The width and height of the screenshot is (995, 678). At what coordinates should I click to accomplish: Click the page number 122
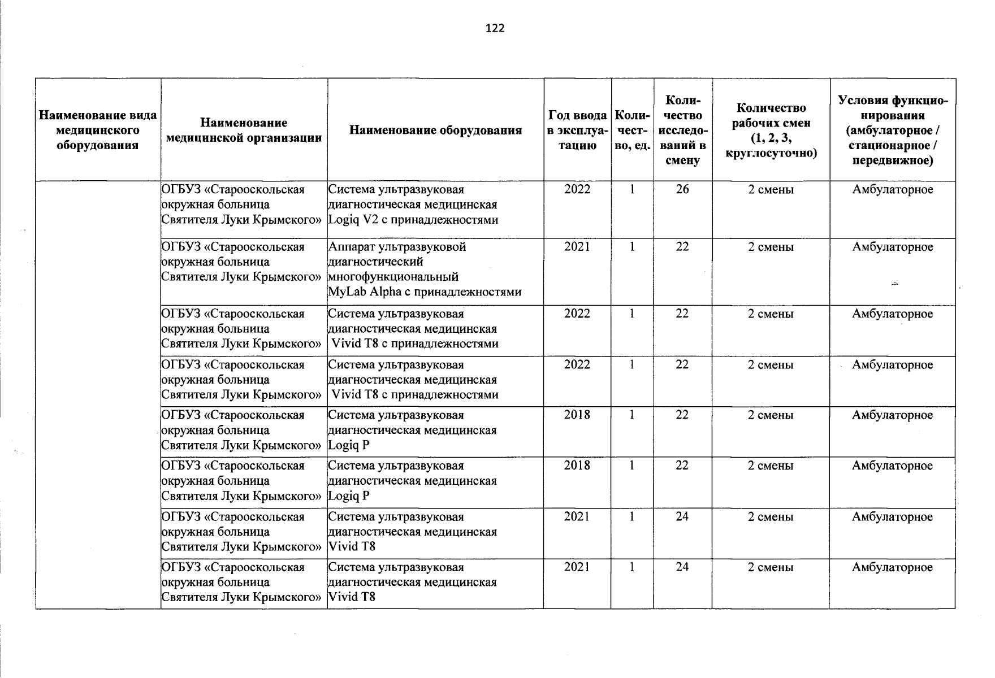(x=495, y=28)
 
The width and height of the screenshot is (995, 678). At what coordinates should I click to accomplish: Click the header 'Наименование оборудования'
(x=435, y=131)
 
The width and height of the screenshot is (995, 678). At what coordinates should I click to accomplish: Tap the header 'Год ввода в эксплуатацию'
(x=577, y=131)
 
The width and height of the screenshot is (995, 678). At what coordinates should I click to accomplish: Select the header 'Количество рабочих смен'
(x=771, y=131)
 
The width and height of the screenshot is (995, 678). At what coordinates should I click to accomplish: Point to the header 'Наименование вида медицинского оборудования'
(x=98, y=131)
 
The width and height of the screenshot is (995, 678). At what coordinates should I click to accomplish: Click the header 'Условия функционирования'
(x=893, y=131)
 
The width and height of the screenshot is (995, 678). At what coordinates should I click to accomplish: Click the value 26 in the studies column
(x=682, y=190)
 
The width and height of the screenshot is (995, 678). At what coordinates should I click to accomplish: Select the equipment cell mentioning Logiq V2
(x=413, y=205)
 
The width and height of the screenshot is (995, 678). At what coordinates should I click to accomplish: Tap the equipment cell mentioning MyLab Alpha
(x=424, y=270)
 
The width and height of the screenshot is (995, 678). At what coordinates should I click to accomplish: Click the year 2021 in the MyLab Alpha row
(x=577, y=247)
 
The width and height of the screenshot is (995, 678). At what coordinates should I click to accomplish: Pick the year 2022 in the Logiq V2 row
(x=577, y=190)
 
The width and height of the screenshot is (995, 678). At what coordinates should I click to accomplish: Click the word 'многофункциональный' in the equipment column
(x=393, y=277)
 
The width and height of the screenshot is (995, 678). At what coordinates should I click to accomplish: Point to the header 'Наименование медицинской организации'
(x=244, y=131)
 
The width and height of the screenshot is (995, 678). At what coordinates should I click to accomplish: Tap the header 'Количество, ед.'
(x=632, y=131)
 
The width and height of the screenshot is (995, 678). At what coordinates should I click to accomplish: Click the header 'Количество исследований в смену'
(x=682, y=131)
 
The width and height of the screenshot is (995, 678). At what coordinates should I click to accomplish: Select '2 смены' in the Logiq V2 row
(x=771, y=190)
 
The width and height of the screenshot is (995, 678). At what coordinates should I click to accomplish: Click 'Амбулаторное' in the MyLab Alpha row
(x=893, y=247)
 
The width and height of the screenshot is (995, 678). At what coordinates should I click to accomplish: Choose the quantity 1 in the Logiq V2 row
(x=632, y=190)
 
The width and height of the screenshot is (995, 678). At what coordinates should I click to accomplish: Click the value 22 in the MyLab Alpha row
(x=682, y=247)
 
